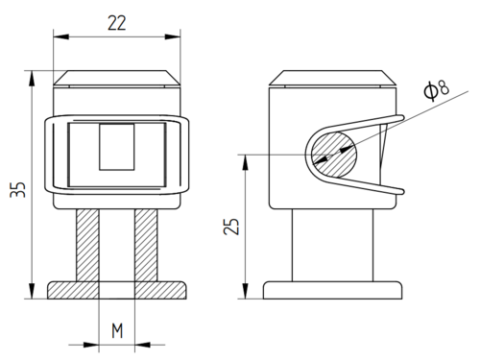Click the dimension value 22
coord(117,23)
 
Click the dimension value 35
coord(17,189)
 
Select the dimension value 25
coord(231,227)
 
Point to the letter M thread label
coord(117,331)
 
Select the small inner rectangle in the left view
coord(117,147)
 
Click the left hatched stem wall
coord(87,246)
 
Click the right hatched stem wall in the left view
coord(146,246)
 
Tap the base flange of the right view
coord(332,290)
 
